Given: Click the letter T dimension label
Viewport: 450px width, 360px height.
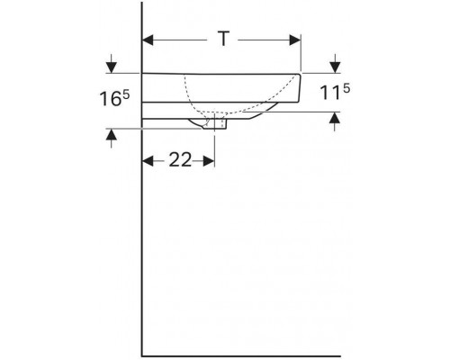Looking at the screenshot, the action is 223,39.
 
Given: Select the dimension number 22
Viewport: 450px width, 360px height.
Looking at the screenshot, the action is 180,159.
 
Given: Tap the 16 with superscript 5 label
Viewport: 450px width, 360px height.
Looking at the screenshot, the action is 114,98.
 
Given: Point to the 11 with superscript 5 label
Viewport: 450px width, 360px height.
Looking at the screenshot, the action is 335,92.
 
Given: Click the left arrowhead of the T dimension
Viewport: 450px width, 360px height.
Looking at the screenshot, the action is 148,40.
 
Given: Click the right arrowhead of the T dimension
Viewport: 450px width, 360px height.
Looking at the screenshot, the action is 295,40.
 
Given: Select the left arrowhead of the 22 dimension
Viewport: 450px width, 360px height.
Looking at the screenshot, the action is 148,161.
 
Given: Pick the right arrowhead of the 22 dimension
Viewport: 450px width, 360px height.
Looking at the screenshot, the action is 209,161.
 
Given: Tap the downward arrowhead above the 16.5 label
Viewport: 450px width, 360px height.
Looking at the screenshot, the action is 112,67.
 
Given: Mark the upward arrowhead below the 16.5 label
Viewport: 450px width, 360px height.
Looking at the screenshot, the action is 112,135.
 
